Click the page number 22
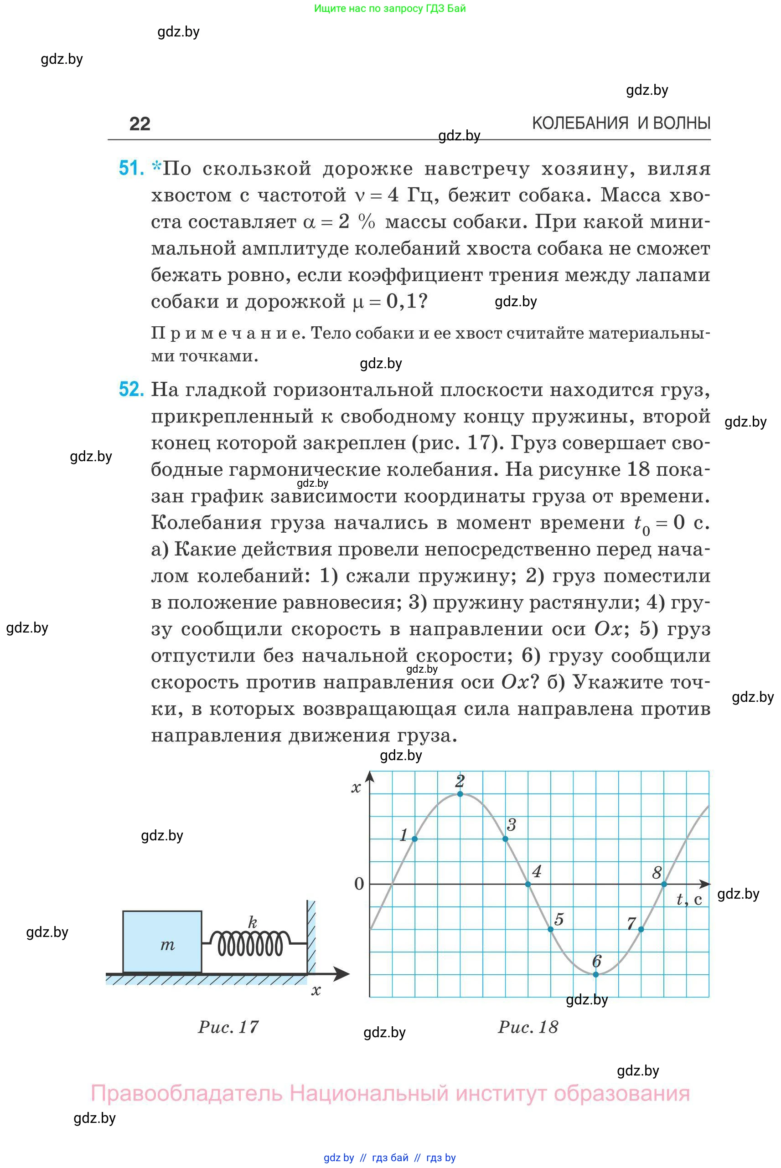coord(140,123)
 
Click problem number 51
coord(131,168)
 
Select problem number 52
coord(131,389)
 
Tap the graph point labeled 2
coord(460,793)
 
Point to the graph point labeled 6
coord(596,974)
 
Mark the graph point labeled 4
coord(528,884)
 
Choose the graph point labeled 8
coord(664,884)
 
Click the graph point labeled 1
coord(415,839)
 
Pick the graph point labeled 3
coord(506,839)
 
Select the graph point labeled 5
coord(550,930)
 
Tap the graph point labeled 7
coord(641,930)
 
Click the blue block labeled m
coord(162,942)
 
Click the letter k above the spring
coord(253,922)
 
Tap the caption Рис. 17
coord(228,1027)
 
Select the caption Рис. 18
coord(528,1027)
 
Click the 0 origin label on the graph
coord(359,884)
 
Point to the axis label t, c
coord(689,900)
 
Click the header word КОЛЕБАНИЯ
coord(580,123)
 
